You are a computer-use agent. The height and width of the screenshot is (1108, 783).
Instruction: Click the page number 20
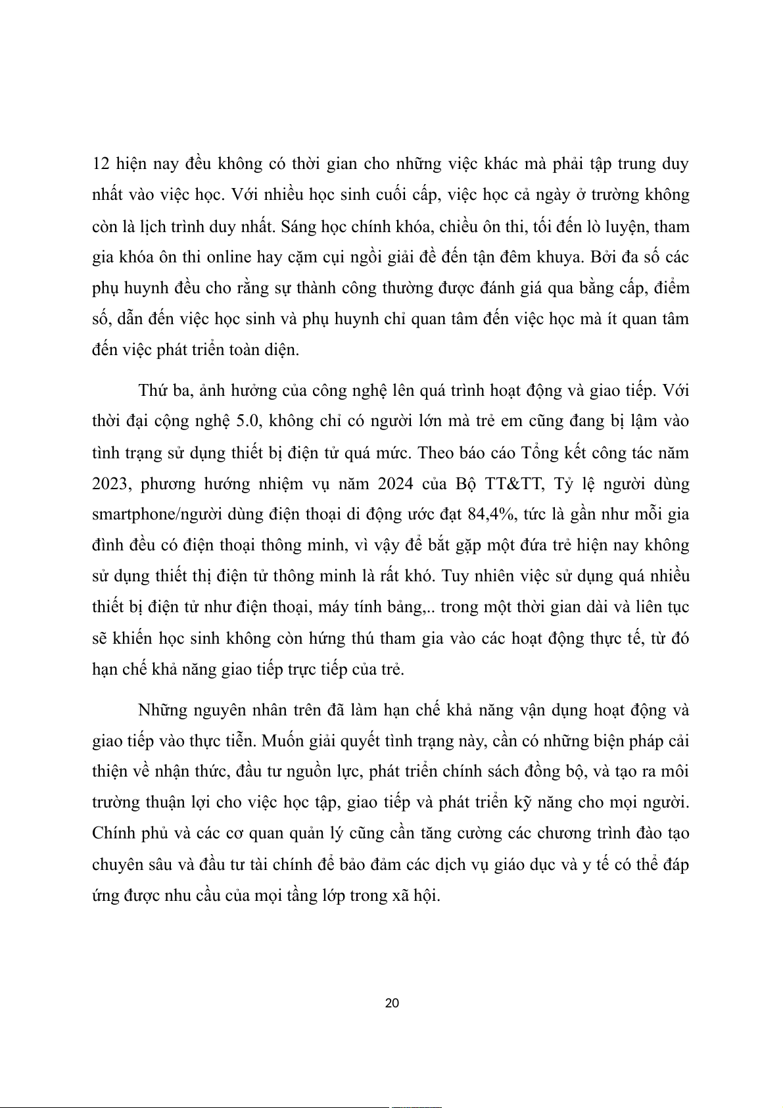(392, 1003)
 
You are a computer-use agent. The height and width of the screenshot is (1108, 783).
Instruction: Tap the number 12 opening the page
(101, 163)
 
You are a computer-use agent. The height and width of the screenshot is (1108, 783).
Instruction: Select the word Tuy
(454, 576)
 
